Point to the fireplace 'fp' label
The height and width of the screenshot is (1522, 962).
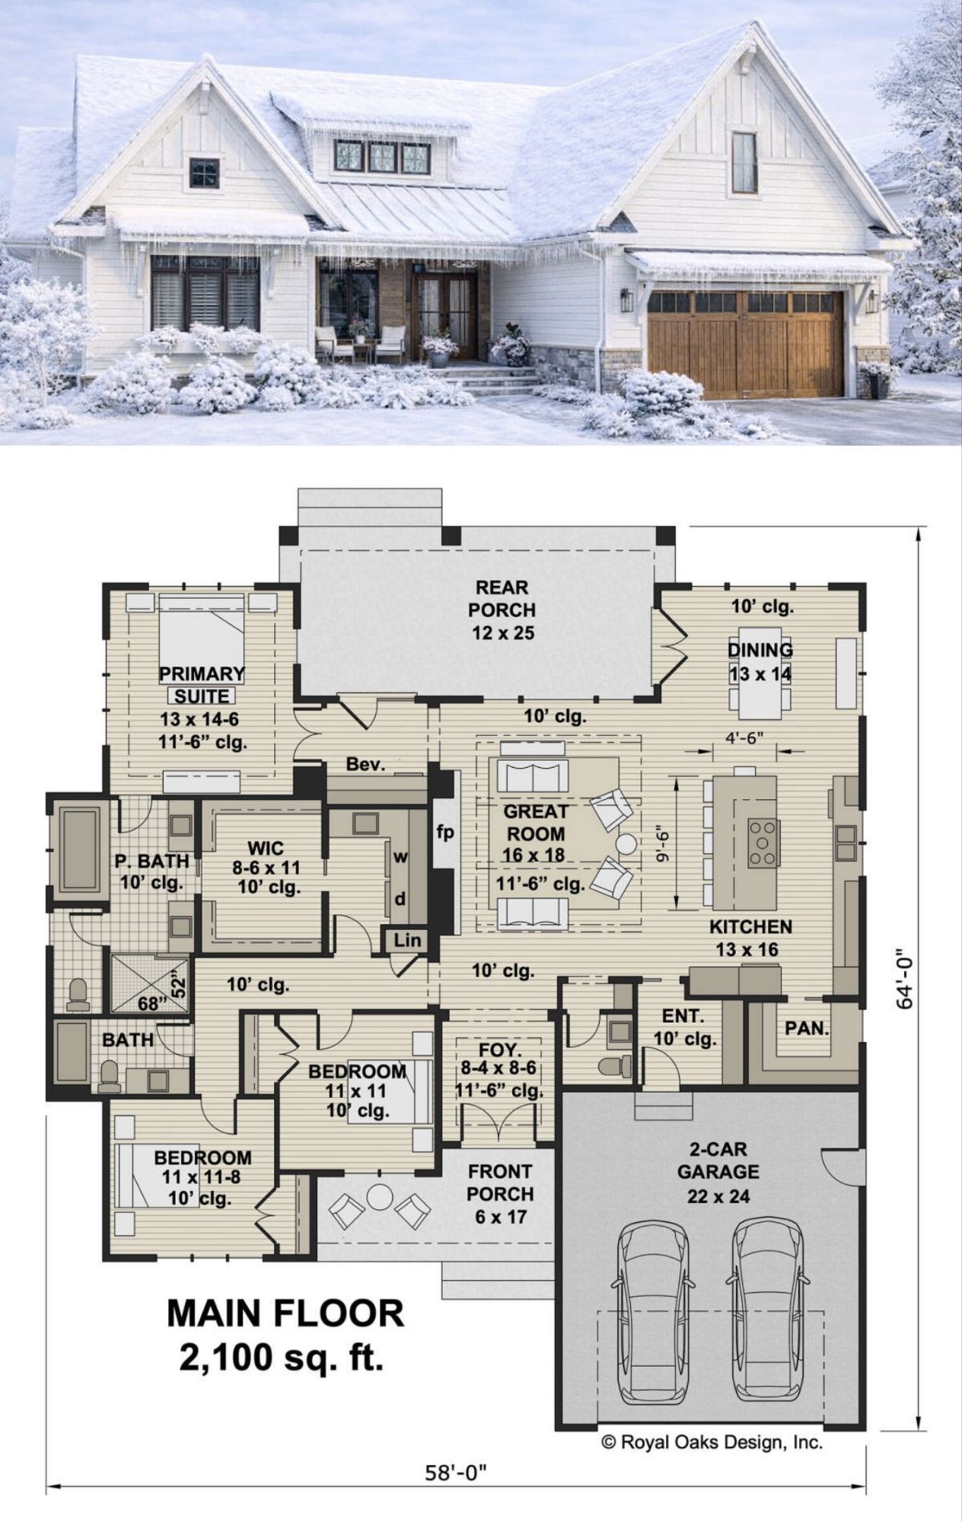tap(445, 832)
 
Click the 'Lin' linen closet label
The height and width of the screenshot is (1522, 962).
tap(407, 940)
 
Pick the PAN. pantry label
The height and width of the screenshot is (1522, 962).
tap(807, 1028)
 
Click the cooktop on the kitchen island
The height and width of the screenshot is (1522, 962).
tap(763, 842)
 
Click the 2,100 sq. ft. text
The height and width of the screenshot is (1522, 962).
tap(282, 1358)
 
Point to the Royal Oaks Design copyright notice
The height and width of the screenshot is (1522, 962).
tap(712, 1442)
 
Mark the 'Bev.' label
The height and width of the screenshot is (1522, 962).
tap(365, 764)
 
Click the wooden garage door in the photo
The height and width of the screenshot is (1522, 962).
tap(746, 342)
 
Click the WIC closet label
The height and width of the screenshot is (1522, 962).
tap(266, 848)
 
